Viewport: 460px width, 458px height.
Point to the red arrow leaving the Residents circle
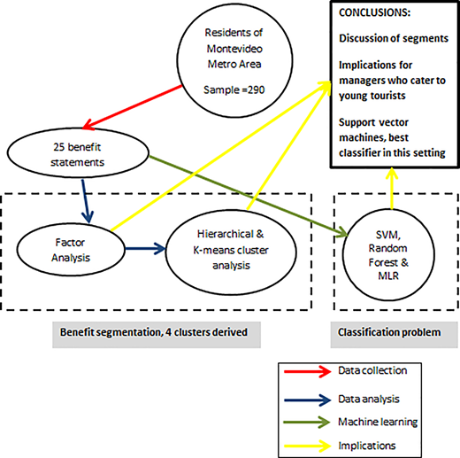(x=132, y=107)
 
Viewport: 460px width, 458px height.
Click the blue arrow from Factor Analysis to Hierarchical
(x=145, y=249)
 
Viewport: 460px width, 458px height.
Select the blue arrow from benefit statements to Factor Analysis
(x=86, y=201)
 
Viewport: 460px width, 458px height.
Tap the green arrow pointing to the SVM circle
(x=249, y=197)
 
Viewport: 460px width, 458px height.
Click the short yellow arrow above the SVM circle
(x=392, y=189)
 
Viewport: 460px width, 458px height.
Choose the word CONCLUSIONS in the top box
(x=374, y=12)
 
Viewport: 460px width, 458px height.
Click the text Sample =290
(x=234, y=89)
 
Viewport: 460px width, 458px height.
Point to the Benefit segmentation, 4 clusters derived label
(x=154, y=332)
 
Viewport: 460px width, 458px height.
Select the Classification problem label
(x=389, y=332)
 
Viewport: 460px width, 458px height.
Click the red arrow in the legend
(x=308, y=371)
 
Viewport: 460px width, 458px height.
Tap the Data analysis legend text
(x=369, y=399)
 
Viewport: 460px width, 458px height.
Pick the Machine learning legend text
(x=378, y=422)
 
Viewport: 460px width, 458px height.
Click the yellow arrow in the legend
(x=308, y=446)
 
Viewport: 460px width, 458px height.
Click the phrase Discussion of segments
(x=394, y=38)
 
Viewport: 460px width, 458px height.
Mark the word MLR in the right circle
(x=388, y=276)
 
